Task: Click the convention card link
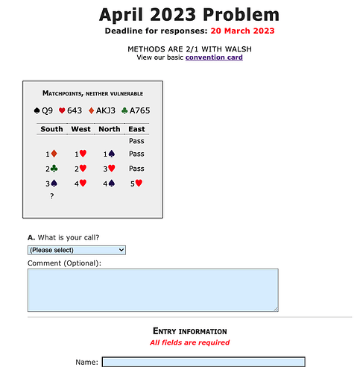pyautogui.click(x=214, y=57)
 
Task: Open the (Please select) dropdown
pyautogui.click(x=77, y=250)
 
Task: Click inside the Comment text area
pyautogui.click(x=152, y=289)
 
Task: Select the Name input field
pyautogui.click(x=203, y=363)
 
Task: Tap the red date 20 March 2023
pyautogui.click(x=242, y=31)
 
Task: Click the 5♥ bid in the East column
pyautogui.click(x=136, y=182)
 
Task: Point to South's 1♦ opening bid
pyautogui.click(x=51, y=154)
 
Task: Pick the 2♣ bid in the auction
pyautogui.click(x=51, y=169)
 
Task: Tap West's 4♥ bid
pyautogui.click(x=80, y=182)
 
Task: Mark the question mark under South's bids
pyautogui.click(x=51, y=195)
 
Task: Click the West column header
pyautogui.click(x=80, y=129)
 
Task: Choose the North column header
pyautogui.click(x=109, y=129)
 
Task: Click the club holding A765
pyautogui.click(x=135, y=111)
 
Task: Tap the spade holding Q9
pyautogui.click(x=44, y=111)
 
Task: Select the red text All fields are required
pyautogui.click(x=189, y=342)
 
